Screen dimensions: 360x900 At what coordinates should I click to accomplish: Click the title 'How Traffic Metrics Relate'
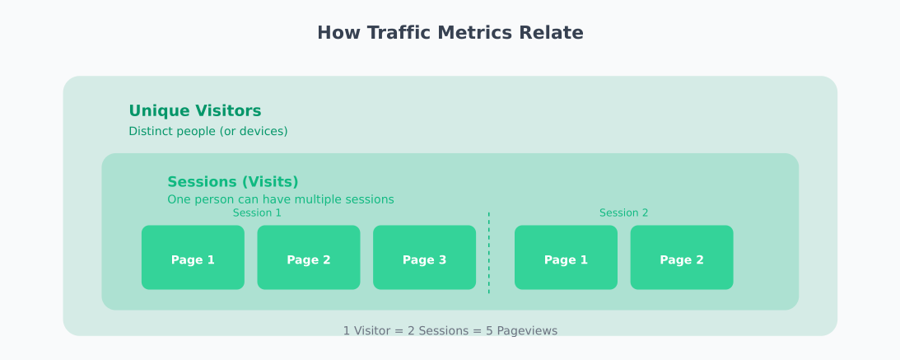coord(450,33)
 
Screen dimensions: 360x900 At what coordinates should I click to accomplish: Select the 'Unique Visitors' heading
coord(194,111)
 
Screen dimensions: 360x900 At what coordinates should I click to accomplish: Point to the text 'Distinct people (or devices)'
coord(208,132)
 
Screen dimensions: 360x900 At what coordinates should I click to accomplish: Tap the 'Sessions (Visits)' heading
coord(232,182)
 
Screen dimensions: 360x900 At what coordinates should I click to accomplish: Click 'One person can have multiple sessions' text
coord(280,199)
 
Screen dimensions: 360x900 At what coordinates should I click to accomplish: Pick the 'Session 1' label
coord(257,213)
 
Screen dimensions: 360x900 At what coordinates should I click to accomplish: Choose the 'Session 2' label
coord(623,213)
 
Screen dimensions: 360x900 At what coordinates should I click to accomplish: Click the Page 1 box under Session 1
coord(193,258)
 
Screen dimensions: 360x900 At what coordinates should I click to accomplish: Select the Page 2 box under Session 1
coord(309,258)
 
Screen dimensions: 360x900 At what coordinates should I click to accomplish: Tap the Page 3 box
coord(424,258)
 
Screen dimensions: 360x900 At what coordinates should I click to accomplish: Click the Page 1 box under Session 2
coord(566,258)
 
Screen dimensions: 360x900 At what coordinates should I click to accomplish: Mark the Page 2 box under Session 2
coord(682,258)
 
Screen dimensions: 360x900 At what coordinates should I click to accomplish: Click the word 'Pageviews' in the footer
coord(526,331)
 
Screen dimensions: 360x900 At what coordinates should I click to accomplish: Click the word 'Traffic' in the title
coord(399,33)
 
